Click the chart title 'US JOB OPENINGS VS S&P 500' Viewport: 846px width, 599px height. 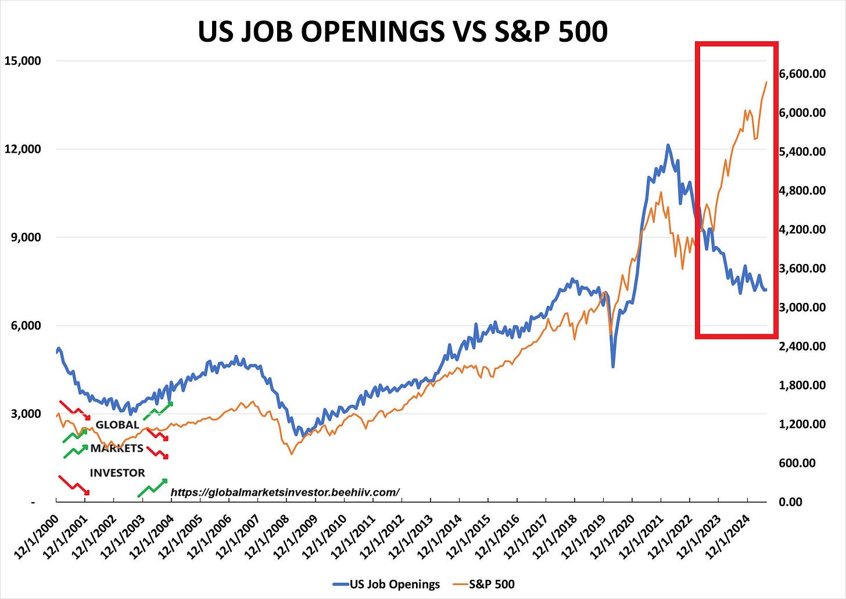402,31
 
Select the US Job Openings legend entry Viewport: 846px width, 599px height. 395,584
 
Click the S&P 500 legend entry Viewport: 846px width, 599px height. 491,584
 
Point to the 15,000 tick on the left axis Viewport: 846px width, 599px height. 24,61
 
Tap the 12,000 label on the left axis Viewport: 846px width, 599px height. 24,149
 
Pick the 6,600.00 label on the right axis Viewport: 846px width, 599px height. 802,74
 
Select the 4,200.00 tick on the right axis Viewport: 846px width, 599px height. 802,229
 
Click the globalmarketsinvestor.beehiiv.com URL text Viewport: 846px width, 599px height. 285,492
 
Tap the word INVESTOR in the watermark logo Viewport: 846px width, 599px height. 117,473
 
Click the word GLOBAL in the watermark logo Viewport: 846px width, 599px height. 117,425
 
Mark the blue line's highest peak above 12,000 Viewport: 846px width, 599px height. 668,145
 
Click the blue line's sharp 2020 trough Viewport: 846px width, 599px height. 613,366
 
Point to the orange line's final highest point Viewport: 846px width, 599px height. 766,82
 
